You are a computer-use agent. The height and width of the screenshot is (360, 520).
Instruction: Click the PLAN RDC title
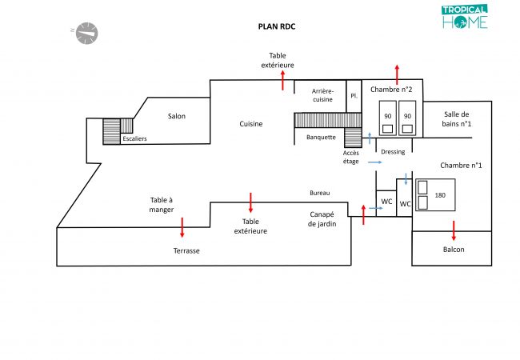pos(277,26)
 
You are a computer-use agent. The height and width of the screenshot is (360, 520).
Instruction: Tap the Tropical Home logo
pos(464,18)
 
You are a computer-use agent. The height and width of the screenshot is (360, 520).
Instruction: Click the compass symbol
pos(86,32)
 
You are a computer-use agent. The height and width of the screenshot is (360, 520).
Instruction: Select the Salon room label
pos(176,116)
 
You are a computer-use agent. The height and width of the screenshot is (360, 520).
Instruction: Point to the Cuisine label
pos(250,124)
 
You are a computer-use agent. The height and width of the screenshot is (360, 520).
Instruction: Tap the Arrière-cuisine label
pos(323,95)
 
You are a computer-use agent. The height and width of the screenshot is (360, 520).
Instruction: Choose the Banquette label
pos(321,137)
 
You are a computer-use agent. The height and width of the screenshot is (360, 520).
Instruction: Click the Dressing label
pos(393,151)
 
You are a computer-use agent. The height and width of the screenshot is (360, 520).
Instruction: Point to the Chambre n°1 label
pos(460,166)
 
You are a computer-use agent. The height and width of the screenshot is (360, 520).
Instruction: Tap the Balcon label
pos(454,250)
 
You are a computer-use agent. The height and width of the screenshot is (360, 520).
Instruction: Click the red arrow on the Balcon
pos(454,230)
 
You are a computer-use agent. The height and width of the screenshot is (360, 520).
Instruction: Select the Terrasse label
pos(186,250)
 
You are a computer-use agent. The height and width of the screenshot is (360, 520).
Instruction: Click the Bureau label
pos(319,193)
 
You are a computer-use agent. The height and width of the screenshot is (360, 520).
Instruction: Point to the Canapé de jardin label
pos(323,218)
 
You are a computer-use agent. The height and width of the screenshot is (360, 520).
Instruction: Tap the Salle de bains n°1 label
pos(458,118)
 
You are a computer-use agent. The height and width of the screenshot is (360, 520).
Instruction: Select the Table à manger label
pos(161,206)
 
